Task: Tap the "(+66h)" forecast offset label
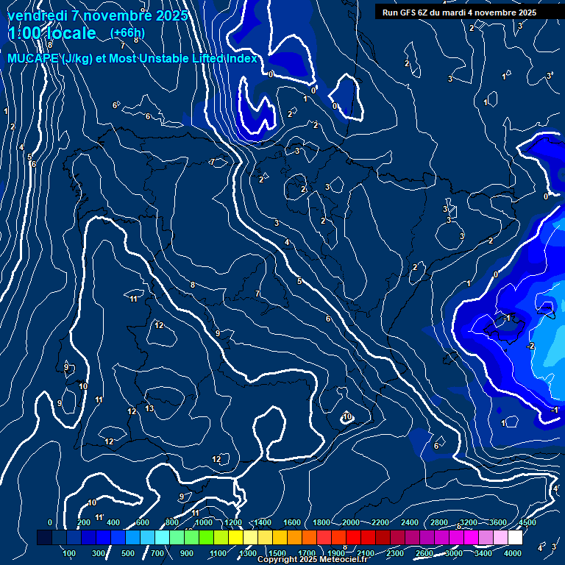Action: pyautogui.click(x=127, y=33)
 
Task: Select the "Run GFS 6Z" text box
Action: pyautogui.click(x=459, y=12)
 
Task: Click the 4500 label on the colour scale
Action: pyautogui.click(x=527, y=522)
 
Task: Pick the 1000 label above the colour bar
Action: pyautogui.click(x=204, y=522)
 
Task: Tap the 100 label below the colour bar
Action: pyautogui.click(x=70, y=553)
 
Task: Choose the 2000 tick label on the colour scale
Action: pyautogui.click(x=351, y=522)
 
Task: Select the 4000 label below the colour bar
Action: pyautogui.click(x=514, y=553)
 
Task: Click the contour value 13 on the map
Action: pyautogui.click(x=149, y=408)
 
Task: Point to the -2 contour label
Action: pyautogui.click(x=530, y=346)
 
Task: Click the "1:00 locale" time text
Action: pyautogui.click(x=51, y=33)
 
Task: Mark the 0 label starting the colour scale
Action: pyautogui.click(x=50, y=522)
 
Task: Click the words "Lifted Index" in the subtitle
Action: pyautogui.click(x=224, y=59)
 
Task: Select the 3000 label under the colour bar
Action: pyautogui.click(x=455, y=553)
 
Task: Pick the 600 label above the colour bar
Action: pyautogui.click(x=142, y=522)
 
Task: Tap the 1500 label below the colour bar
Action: pyautogui.click(x=277, y=553)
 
